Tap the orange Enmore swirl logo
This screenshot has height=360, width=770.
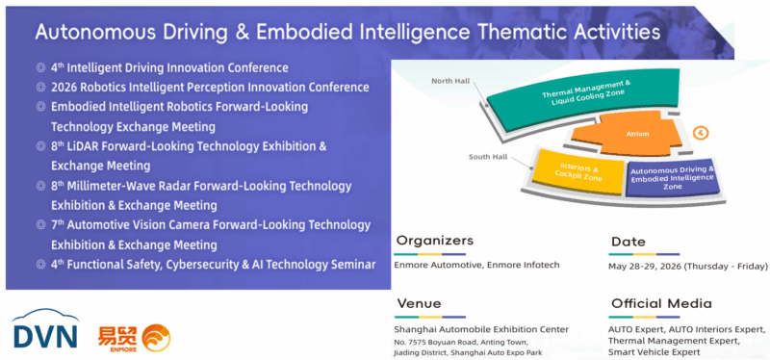pos(156,338)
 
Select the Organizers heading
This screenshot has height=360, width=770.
pos(435,241)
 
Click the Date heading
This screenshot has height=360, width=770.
pos(629,242)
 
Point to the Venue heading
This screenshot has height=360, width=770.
pos(419,303)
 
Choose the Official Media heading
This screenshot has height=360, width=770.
pos(661,303)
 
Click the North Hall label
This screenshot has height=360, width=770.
pos(449,81)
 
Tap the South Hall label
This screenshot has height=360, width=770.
pos(488,157)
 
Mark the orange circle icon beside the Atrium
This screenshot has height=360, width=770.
pos(702,133)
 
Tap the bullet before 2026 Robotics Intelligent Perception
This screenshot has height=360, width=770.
pos(40,88)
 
